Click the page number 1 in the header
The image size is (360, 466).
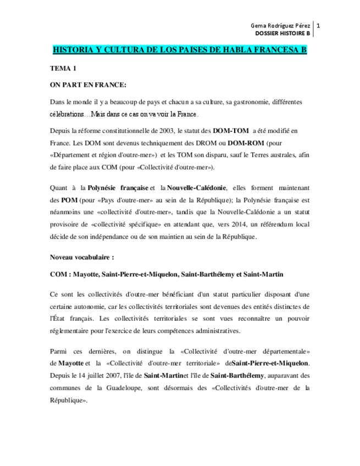319,25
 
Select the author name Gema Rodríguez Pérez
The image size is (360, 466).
280,25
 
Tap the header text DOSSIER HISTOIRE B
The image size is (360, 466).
283,34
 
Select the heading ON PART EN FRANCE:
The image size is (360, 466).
88,85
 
